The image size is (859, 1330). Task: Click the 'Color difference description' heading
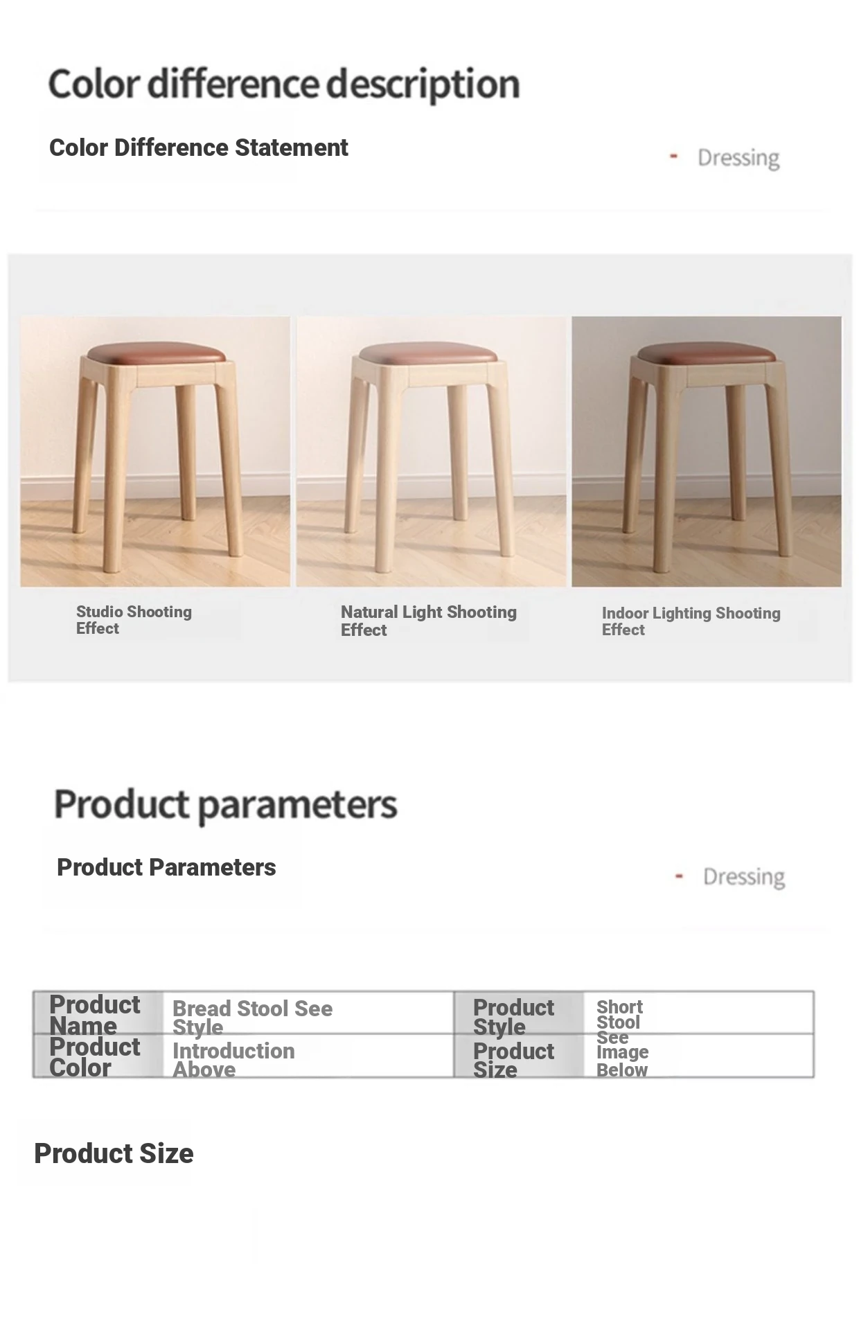pos(284,85)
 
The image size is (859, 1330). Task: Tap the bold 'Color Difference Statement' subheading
pos(199,148)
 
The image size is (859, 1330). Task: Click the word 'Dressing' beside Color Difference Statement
pos(738,158)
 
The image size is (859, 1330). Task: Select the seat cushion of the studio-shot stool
pos(157,353)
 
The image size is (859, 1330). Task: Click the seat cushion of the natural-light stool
pos(429,353)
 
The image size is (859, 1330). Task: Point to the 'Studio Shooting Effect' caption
pos(134,620)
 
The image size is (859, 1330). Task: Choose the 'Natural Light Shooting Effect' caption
pos(429,621)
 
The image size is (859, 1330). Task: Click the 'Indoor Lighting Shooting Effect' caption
pos(691,621)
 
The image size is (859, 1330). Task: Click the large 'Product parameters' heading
pos(226,804)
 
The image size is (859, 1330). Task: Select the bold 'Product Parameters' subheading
pos(166,867)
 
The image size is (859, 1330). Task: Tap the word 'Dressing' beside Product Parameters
pos(744,877)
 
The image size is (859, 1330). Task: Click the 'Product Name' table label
pos(94,1015)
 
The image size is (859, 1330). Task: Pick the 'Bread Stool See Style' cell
pos(252,1018)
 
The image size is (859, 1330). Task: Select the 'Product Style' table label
pos(513,1017)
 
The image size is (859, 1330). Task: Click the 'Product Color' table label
pos(94,1057)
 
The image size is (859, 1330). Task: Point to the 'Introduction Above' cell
pos(233,1060)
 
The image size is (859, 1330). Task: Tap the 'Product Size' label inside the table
pos(513,1061)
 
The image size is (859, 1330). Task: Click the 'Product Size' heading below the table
pos(114,1154)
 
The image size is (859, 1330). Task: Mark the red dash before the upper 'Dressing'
pos(673,157)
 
